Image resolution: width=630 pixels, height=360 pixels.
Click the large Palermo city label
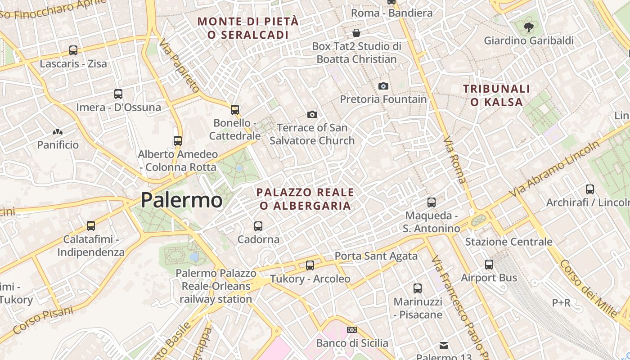[x=181, y=200]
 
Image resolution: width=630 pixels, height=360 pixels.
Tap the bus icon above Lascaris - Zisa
[x=73, y=50]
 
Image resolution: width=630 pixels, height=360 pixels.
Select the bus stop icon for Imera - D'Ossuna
[x=118, y=94]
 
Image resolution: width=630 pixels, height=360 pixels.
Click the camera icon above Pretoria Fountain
[x=383, y=86]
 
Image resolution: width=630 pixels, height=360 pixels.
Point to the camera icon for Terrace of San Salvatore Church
[x=312, y=114]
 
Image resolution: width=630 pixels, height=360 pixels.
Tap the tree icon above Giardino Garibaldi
[x=529, y=27]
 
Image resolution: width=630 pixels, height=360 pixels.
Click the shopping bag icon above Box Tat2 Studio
[x=356, y=33]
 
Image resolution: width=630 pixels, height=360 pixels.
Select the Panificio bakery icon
[x=58, y=132]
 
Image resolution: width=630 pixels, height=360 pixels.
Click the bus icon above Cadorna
[x=258, y=226]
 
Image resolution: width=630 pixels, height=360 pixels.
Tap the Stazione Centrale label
[x=508, y=242]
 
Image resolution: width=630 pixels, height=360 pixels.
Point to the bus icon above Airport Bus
[x=489, y=265]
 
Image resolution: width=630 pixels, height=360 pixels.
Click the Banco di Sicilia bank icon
[x=352, y=330]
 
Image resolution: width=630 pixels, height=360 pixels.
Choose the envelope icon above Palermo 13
[x=444, y=345]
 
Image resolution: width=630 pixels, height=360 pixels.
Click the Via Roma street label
[x=455, y=159]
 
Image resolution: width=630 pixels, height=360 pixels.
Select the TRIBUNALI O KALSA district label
[x=497, y=95]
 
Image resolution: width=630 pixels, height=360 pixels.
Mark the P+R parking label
[x=561, y=303]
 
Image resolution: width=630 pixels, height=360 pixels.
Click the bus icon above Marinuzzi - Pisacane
[x=418, y=288]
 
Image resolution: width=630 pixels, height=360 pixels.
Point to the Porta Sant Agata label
[x=376, y=256]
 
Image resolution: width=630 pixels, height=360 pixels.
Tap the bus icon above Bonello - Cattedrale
[x=234, y=109]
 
